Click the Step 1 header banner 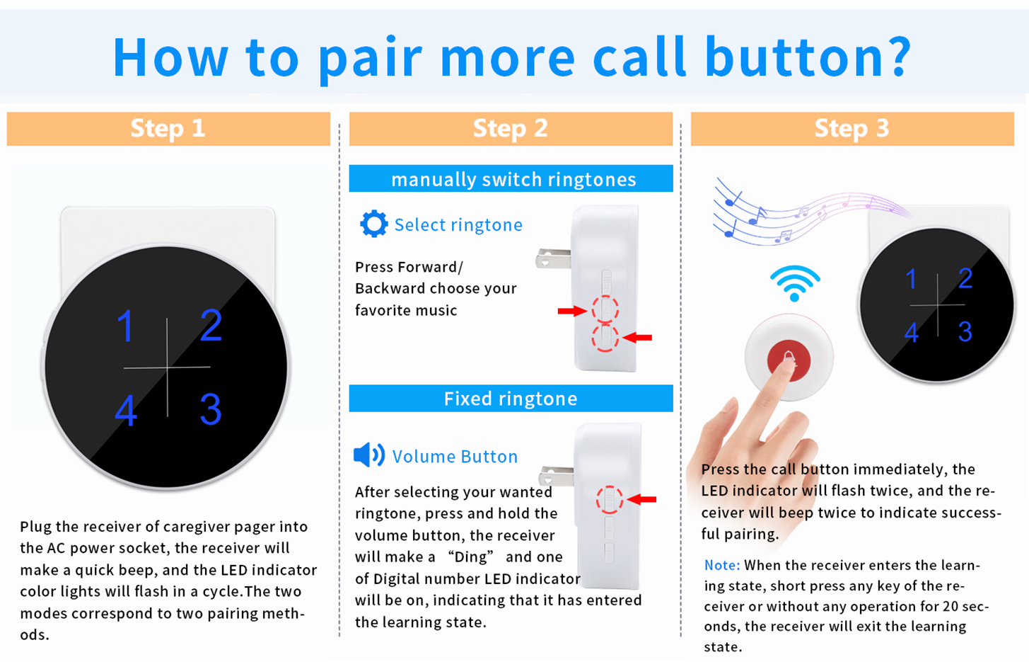click(x=168, y=129)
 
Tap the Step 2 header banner click(x=511, y=129)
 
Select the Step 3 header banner click(x=852, y=129)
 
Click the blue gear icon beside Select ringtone click(x=374, y=224)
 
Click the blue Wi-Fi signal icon click(x=795, y=283)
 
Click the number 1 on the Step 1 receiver click(x=125, y=326)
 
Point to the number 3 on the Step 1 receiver click(x=211, y=409)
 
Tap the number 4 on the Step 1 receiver click(x=125, y=411)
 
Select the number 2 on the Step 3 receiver click(x=965, y=278)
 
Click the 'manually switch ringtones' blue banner click(x=511, y=178)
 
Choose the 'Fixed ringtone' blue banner click(x=511, y=399)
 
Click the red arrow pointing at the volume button click(x=641, y=499)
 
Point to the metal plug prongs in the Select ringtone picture click(x=553, y=258)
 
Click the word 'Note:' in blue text click(x=721, y=565)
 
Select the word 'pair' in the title click(x=370, y=59)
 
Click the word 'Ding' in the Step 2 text click(x=470, y=557)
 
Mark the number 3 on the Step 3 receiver click(x=965, y=331)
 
